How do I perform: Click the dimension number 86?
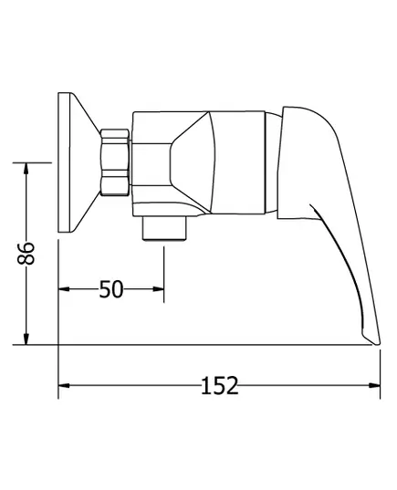(26, 253)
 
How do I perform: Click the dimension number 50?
(111, 289)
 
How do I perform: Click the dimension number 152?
(219, 385)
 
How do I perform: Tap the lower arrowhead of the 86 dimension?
(26, 339)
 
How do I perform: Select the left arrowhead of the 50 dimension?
(65, 289)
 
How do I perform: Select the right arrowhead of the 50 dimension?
(158, 289)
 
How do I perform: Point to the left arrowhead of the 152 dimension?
(65, 385)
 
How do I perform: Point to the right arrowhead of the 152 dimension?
(374, 385)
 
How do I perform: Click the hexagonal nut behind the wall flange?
(115, 162)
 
